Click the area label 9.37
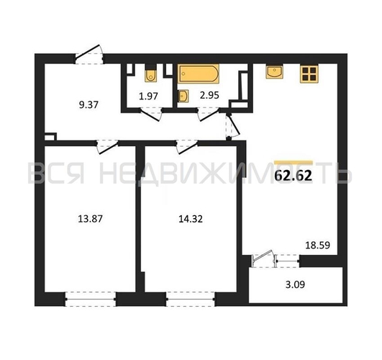[88, 105]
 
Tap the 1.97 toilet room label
[148, 96]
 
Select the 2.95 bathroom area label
[209, 95]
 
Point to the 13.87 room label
[90, 219]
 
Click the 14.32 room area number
[191, 219]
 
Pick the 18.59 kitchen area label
[318, 245]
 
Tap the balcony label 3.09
[295, 284]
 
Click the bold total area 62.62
[294, 176]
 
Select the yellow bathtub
[198, 73]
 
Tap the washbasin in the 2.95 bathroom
[183, 96]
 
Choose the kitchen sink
[274, 72]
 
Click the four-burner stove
[309, 74]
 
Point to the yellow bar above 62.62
[294, 163]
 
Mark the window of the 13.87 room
[91, 299]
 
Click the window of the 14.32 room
[191, 299]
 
